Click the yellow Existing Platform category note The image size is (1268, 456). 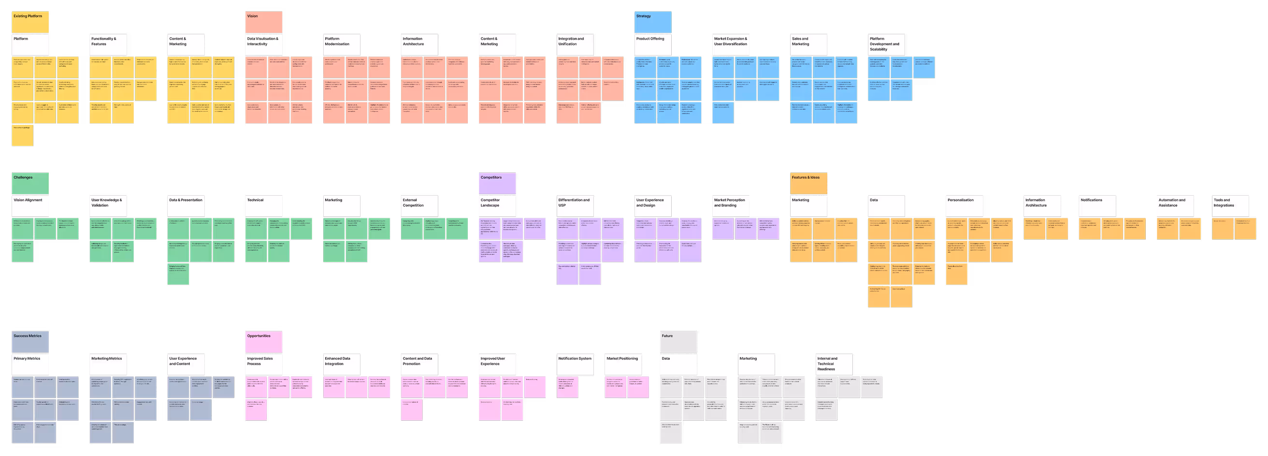click(30, 22)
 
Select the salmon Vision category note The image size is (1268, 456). click(264, 22)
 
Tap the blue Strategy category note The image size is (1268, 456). click(653, 22)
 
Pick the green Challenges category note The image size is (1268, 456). click(30, 183)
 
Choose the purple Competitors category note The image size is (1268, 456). click(497, 183)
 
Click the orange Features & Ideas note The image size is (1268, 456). click(808, 183)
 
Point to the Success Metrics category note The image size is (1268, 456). click(30, 342)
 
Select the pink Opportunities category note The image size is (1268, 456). click(264, 342)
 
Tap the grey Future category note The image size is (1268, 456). click(678, 342)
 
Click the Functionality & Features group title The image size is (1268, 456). click(108, 44)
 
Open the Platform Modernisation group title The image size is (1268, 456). click(342, 44)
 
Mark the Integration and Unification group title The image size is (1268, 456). click(575, 44)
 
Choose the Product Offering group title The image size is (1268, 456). click(653, 44)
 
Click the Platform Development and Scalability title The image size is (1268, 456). click(886, 44)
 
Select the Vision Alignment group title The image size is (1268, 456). click(30, 206)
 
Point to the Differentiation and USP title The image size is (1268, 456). click(575, 206)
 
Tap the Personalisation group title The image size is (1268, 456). click(964, 206)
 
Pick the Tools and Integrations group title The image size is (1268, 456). click(1230, 206)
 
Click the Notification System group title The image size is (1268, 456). click(575, 364)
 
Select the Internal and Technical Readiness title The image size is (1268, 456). click(834, 364)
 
